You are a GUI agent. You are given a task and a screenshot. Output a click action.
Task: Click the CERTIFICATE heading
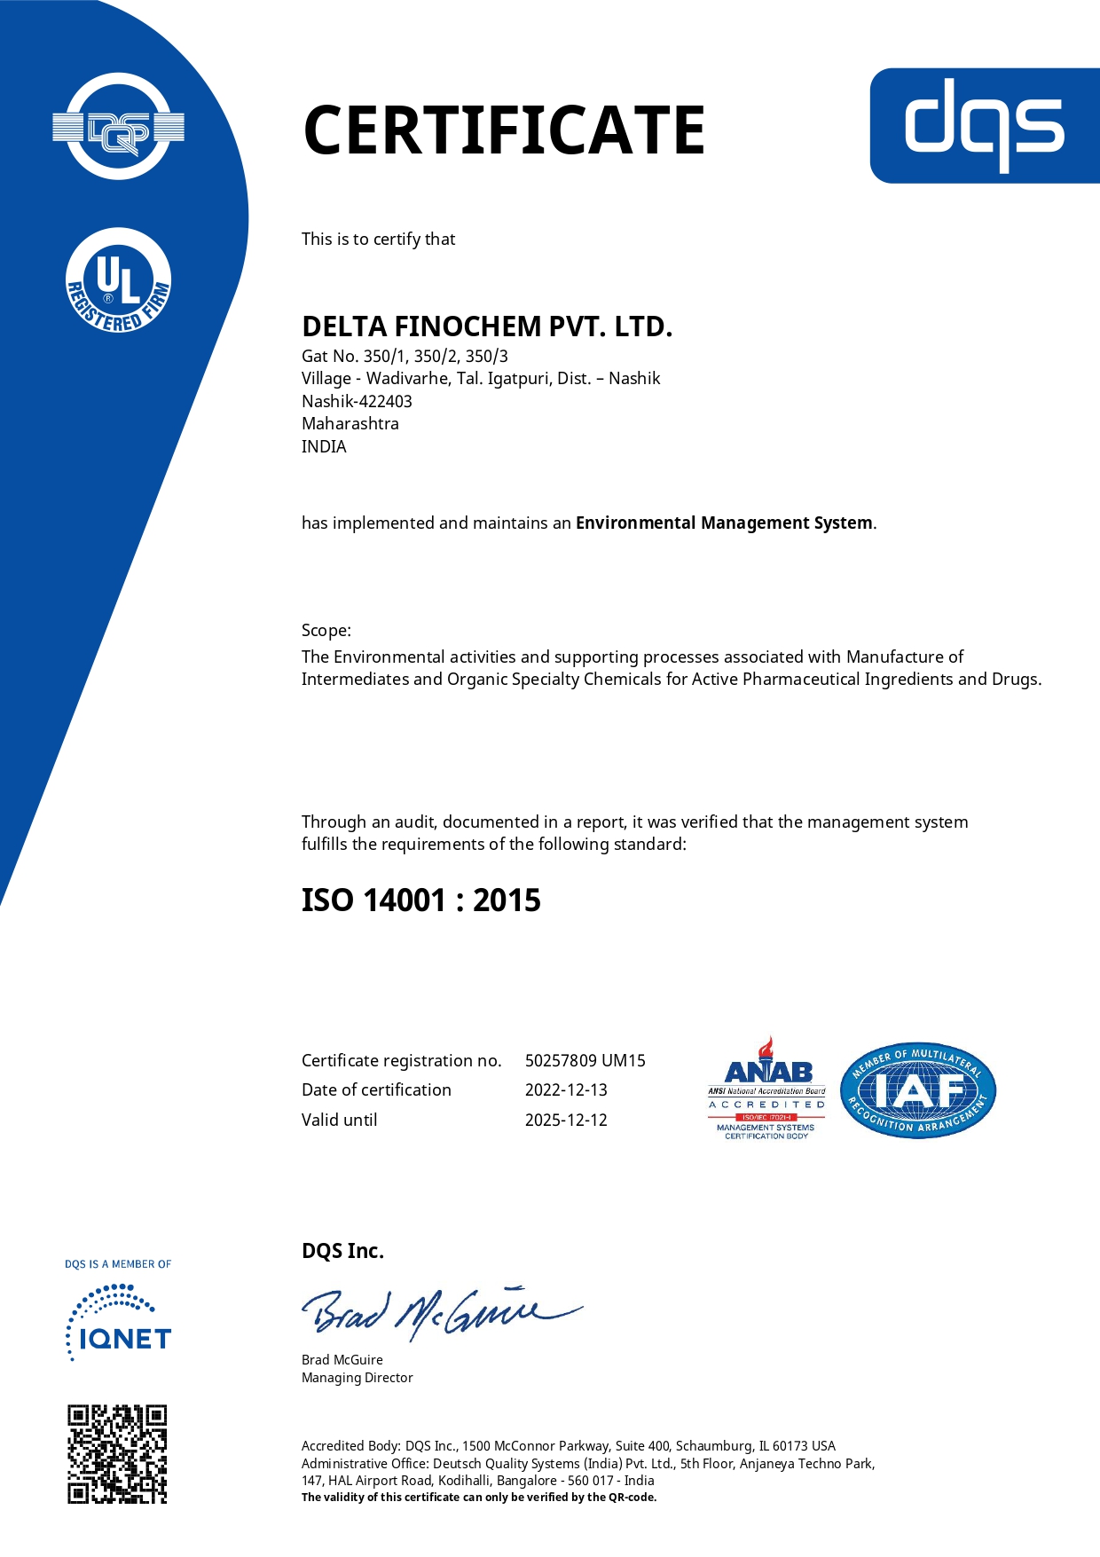(504, 130)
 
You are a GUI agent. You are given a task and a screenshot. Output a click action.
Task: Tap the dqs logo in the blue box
(984, 125)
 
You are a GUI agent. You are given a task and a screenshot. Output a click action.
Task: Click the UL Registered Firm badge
(119, 282)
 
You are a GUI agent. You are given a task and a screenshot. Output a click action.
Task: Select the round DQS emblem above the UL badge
(119, 127)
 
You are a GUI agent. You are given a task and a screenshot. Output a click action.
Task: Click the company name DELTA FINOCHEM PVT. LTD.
(487, 326)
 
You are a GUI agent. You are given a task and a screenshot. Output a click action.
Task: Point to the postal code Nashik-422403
(357, 401)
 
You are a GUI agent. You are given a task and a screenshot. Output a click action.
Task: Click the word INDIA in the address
(324, 446)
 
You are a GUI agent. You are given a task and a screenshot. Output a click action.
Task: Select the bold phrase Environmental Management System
(724, 523)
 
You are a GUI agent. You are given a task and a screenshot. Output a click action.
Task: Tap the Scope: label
(326, 630)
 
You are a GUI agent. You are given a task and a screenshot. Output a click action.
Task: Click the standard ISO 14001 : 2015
(421, 900)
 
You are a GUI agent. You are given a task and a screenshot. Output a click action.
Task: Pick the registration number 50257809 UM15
(585, 1060)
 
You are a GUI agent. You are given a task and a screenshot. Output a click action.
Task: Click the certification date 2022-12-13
(566, 1089)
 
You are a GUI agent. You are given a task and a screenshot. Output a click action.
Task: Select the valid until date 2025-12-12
(566, 1120)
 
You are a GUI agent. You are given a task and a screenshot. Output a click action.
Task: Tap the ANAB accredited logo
(766, 1089)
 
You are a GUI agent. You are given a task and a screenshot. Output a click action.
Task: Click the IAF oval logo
(918, 1090)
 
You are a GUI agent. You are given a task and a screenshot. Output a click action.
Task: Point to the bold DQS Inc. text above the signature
(343, 1251)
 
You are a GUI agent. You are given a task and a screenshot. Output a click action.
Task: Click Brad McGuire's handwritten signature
(441, 1311)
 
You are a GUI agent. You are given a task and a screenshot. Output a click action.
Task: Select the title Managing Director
(357, 1378)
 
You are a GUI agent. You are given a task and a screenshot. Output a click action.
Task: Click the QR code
(118, 1453)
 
